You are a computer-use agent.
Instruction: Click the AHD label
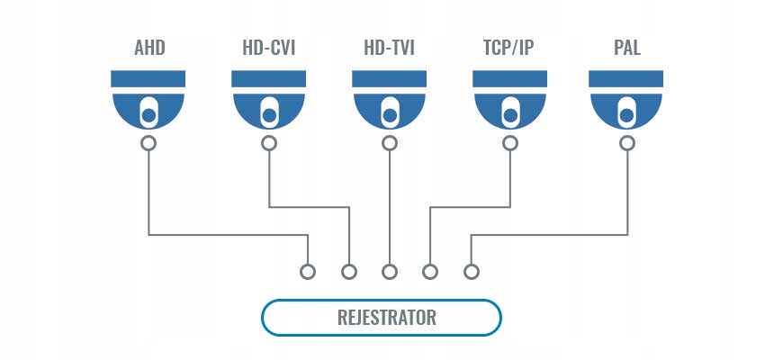coord(149,48)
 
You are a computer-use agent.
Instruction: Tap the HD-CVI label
coord(268,48)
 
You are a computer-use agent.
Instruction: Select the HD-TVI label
coord(389,48)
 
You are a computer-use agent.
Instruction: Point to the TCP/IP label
coord(508,48)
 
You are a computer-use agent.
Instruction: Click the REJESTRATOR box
coord(381,317)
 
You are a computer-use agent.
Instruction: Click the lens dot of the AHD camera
coord(148,116)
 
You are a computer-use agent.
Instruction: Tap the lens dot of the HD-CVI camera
coord(269,116)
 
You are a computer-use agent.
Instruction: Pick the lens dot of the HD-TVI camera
coord(390,116)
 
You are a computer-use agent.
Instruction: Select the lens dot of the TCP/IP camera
coord(510,116)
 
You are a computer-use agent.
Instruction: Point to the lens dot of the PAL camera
coord(626,116)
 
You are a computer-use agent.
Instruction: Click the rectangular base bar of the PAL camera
coord(625,79)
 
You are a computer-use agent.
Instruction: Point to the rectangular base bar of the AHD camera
coord(148,79)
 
